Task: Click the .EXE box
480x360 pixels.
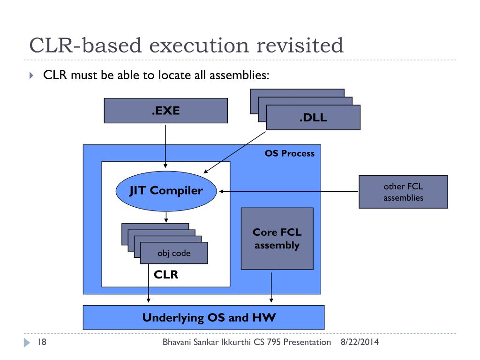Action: point(165,111)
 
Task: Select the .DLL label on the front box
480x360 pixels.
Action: point(313,118)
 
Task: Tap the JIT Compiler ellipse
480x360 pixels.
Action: point(166,191)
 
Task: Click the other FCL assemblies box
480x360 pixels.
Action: point(403,192)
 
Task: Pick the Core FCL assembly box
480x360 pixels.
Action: point(277,239)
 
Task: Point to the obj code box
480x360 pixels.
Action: point(174,254)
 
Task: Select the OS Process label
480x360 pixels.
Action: point(289,154)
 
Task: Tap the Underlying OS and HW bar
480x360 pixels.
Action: point(203,317)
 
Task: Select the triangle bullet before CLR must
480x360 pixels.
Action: point(31,75)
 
